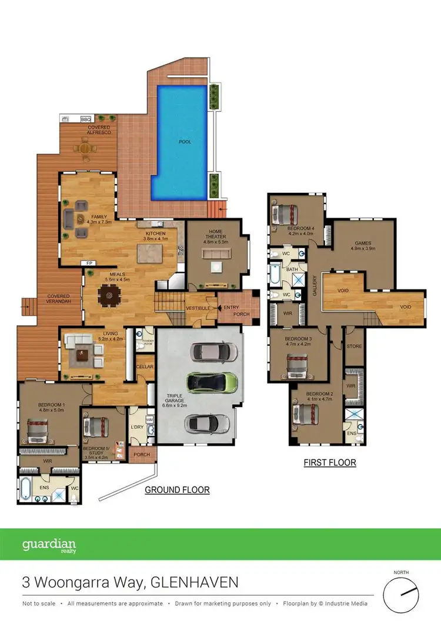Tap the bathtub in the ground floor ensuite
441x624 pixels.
pos(27,489)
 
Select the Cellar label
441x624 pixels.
pos(145,367)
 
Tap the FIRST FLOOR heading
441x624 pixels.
pos(329,462)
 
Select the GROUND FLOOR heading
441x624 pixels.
pos(177,489)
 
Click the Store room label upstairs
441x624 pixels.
pos(354,346)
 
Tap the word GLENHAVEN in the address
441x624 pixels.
pos(194,583)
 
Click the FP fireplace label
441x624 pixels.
pos(90,263)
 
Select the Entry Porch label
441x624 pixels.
pos(238,310)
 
